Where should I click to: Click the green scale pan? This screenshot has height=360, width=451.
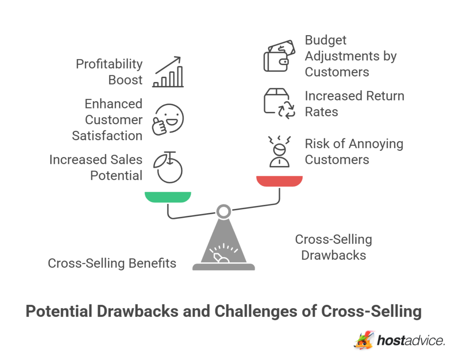coord(168,197)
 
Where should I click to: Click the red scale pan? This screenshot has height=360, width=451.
coord(279,181)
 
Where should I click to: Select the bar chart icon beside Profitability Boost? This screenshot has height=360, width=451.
coord(168,72)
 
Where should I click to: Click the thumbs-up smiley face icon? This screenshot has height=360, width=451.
coord(168,119)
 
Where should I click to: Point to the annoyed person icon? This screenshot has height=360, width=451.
coord(279,152)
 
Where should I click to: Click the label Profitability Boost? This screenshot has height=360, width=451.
coord(109,72)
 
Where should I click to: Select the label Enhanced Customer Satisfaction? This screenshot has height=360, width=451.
coord(107,119)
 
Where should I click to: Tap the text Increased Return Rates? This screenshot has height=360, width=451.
coord(354,104)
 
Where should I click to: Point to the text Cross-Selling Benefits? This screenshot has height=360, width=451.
coord(112,263)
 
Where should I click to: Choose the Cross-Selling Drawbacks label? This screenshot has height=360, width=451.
coord(333,247)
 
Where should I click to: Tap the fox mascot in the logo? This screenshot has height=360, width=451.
coord(364,340)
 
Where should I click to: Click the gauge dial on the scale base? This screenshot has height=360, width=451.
coord(223,254)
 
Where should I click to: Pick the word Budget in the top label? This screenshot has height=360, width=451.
coord(325,40)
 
